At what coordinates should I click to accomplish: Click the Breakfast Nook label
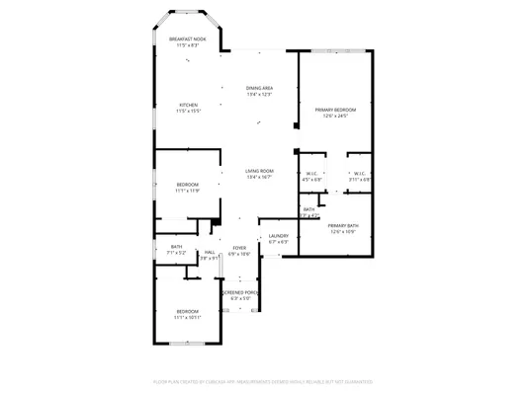tap(188, 39)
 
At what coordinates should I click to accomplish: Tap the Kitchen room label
tap(188, 105)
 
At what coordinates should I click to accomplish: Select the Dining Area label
tap(259, 89)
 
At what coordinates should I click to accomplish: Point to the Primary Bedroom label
tap(335, 109)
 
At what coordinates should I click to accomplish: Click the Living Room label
tap(259, 171)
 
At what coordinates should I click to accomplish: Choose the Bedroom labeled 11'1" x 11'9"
tap(188, 185)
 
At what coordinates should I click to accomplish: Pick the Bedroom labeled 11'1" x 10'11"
tap(188, 312)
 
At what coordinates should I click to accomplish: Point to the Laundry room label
tap(278, 236)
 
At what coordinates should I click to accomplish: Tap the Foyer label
tap(239, 248)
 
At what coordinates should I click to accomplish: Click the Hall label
tap(210, 253)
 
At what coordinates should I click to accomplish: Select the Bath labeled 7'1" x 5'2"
tap(176, 247)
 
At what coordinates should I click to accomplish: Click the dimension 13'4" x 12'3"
tap(259, 95)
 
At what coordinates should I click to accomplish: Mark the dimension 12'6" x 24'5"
tap(335, 115)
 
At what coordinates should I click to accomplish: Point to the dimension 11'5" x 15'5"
tap(188, 111)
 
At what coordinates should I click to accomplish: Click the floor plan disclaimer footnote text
tap(263, 380)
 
